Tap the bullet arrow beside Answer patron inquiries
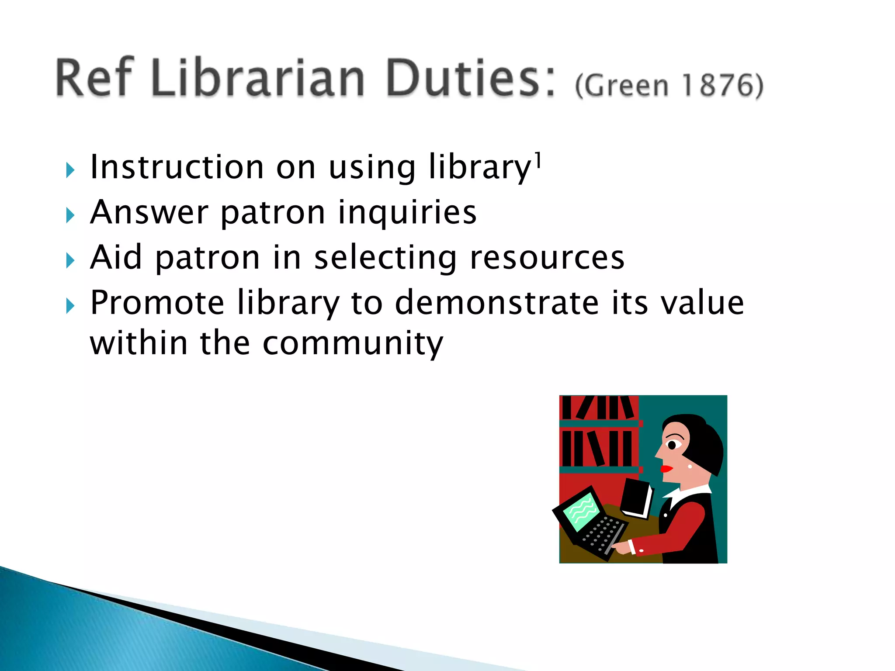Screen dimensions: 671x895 coord(70,215)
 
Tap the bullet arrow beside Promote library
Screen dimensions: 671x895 coord(70,306)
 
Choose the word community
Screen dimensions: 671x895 coord(353,344)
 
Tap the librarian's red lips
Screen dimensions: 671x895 coord(666,469)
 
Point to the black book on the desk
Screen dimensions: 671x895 coord(636,498)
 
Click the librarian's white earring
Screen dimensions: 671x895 coord(690,466)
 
